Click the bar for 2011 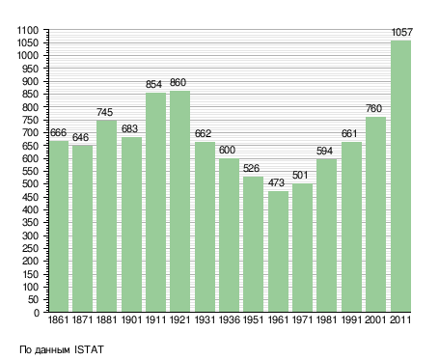[400, 176]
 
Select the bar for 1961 [278, 251]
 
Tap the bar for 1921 [179, 202]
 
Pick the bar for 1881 [106, 216]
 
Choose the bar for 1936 [229, 235]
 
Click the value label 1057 [401, 32]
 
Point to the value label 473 [276, 182]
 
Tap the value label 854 [153, 84]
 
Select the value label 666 [58, 132]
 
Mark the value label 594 [324, 151]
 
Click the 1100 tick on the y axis [28, 31]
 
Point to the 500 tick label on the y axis [31, 184]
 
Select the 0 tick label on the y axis [37, 313]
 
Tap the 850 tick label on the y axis [31, 94]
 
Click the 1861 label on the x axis [58, 319]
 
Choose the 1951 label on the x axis [254, 319]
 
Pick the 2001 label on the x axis [375, 319]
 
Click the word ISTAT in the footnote [89, 349]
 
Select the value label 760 [373, 108]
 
